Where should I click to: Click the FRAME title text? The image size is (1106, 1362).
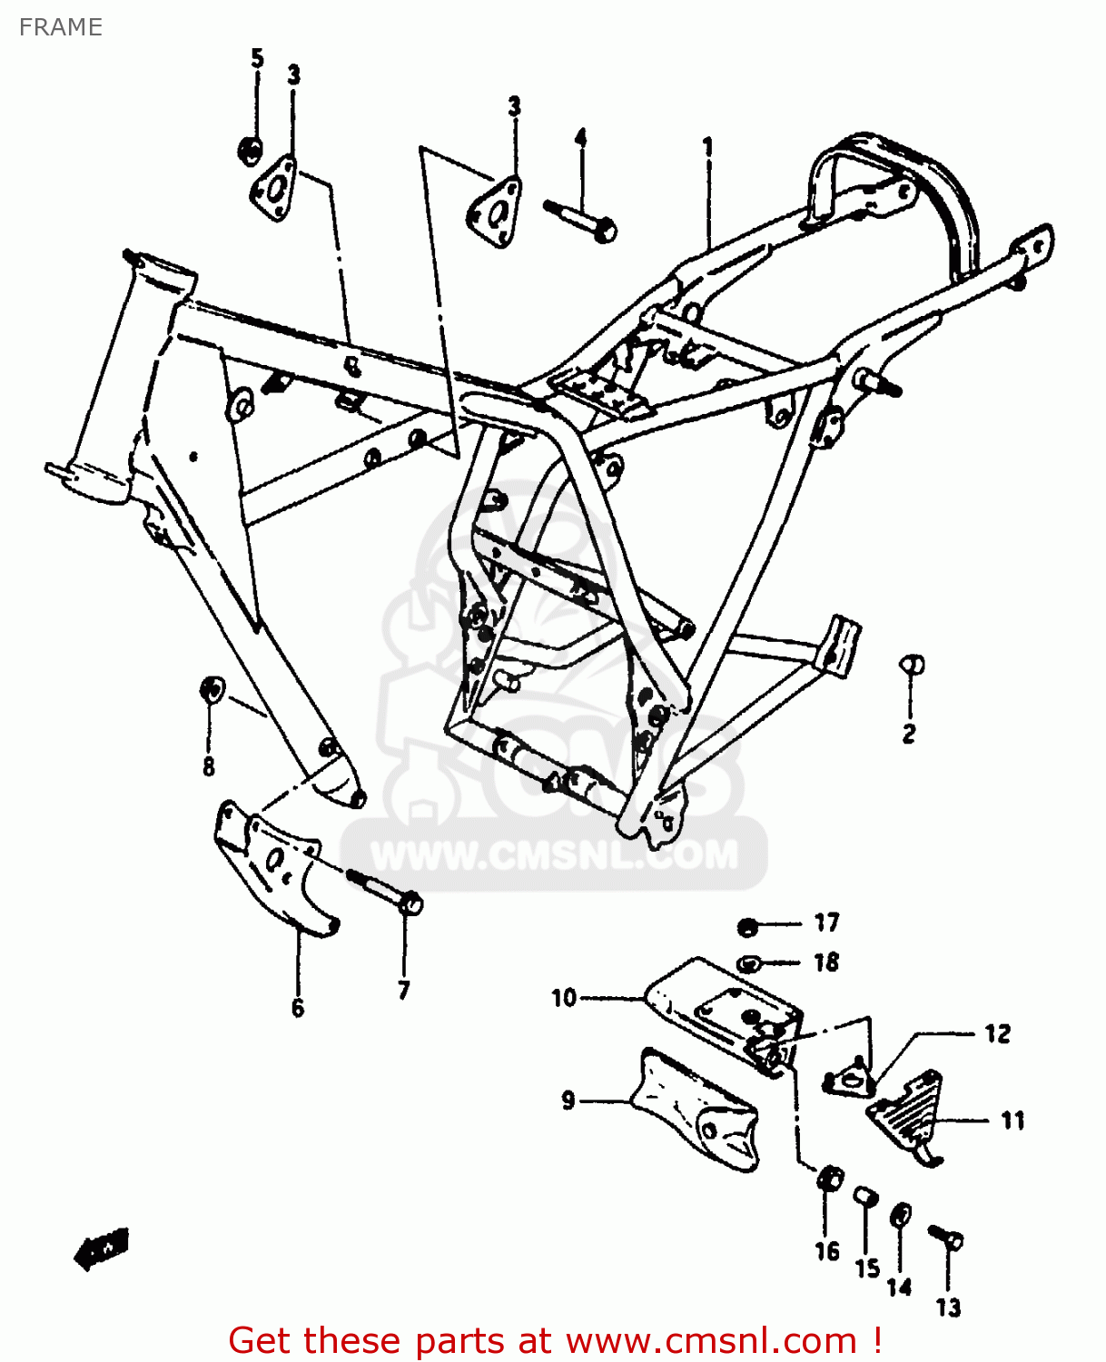tap(61, 27)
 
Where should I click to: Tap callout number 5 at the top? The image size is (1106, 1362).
tap(257, 59)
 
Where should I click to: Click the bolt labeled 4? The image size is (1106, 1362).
tap(581, 219)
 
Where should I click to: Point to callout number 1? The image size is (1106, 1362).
tap(707, 146)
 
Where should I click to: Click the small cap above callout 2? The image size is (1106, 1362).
tap(912, 665)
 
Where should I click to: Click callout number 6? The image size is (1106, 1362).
tap(298, 1008)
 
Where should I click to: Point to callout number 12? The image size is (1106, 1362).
tap(997, 1034)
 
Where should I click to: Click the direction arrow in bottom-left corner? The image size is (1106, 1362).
tap(102, 1249)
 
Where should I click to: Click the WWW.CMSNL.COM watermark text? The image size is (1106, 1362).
tap(555, 855)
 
